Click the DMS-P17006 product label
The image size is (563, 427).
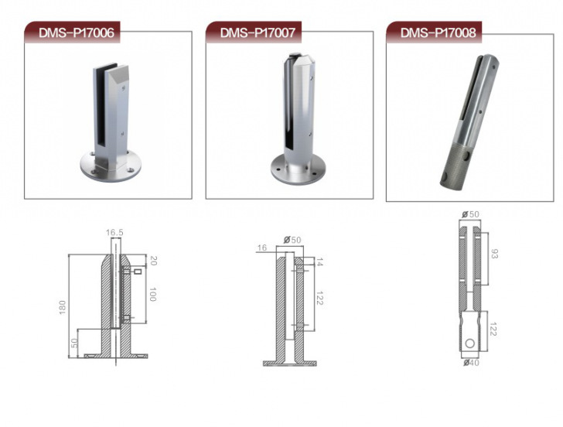76,32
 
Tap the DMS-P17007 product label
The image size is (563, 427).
258,32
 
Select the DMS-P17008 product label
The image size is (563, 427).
438,32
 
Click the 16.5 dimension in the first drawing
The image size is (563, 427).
114,233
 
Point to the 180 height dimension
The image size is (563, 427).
63,307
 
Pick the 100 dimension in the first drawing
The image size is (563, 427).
152,294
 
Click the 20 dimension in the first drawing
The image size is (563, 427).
153,261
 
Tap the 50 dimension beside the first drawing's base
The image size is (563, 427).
74,343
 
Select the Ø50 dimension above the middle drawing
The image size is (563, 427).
292,240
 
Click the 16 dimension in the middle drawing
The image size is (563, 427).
262,248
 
